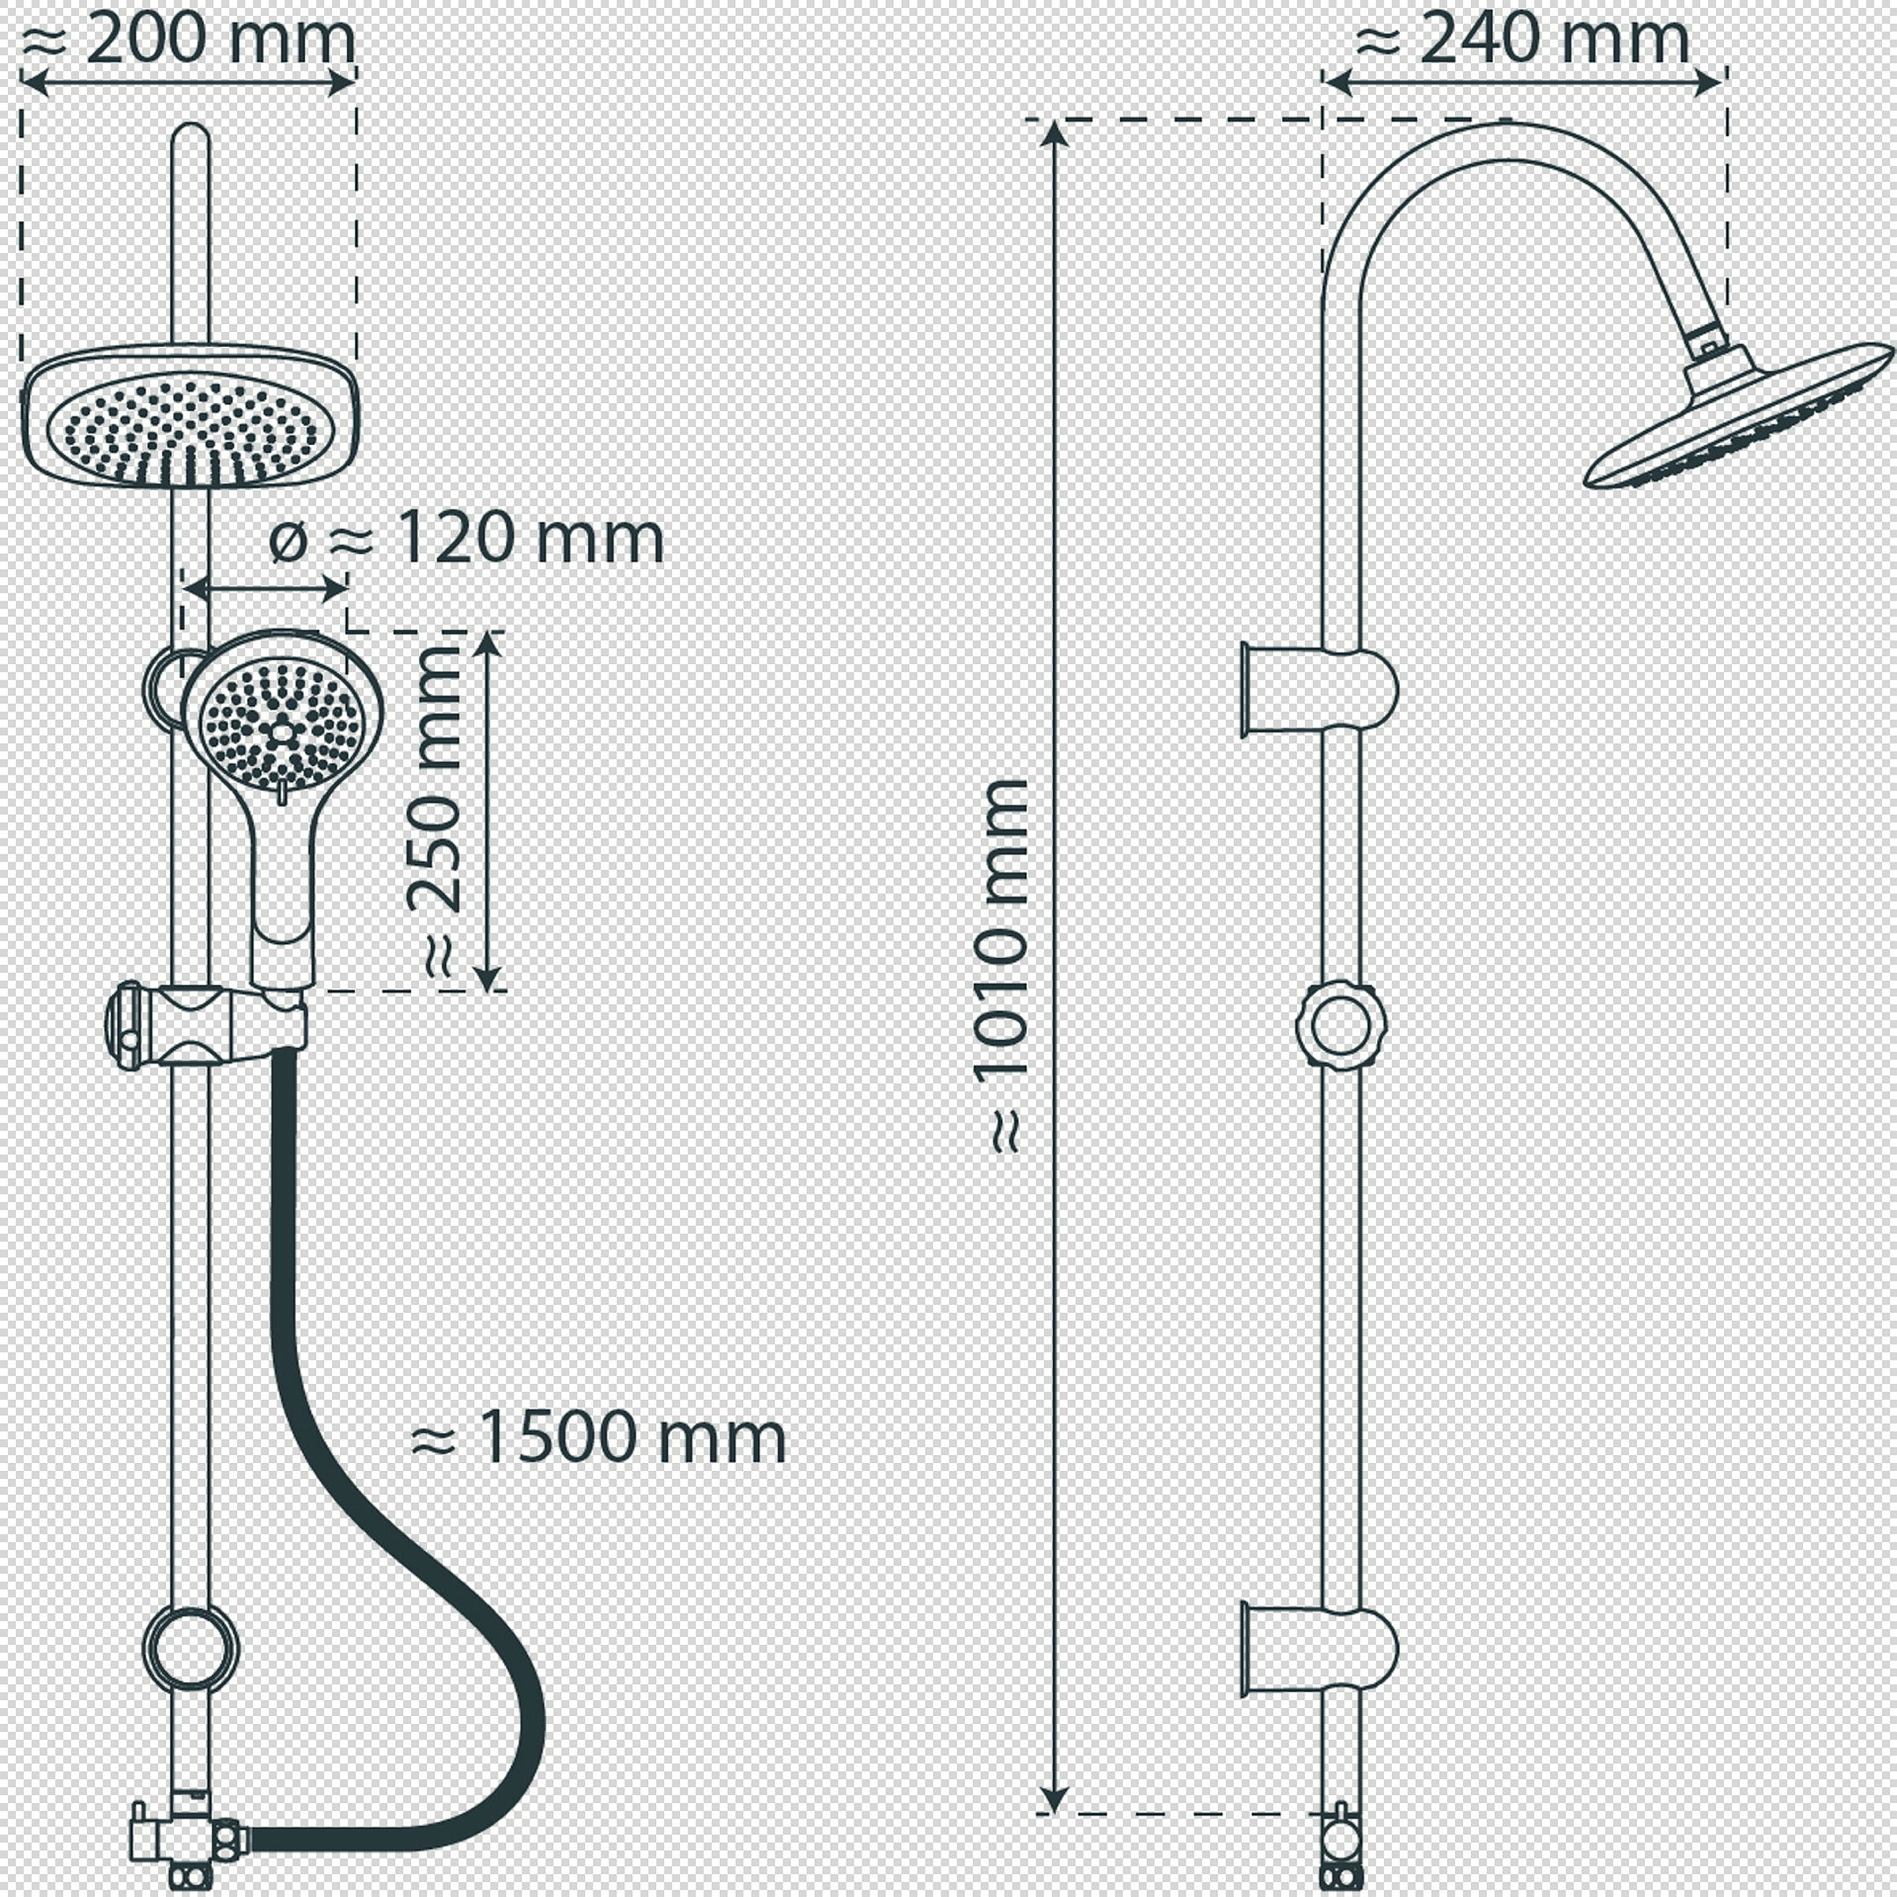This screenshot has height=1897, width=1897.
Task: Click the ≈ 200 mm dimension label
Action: click(x=187, y=40)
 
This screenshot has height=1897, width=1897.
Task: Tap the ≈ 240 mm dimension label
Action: click(x=1521, y=40)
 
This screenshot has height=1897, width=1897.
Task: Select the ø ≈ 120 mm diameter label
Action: click(x=466, y=539)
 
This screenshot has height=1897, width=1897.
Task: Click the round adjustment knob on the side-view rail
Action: click(x=1341, y=1026)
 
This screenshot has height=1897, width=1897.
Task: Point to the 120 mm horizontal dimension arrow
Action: click(x=265, y=589)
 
